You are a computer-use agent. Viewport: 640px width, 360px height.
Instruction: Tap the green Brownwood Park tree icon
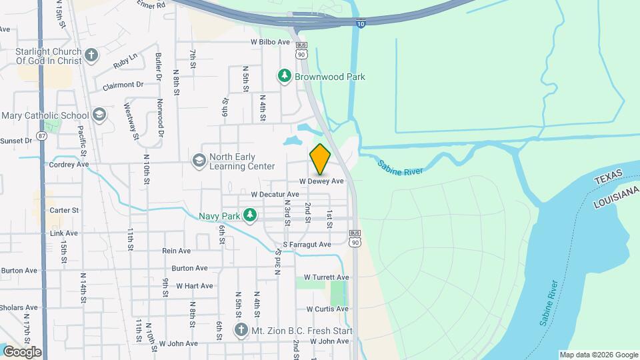[285, 76]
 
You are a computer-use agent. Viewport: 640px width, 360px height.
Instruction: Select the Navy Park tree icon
[250, 215]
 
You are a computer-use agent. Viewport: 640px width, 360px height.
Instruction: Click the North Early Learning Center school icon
[199, 161]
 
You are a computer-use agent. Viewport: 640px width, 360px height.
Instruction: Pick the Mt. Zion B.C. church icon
[241, 330]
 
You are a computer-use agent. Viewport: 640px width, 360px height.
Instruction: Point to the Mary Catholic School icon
[99, 115]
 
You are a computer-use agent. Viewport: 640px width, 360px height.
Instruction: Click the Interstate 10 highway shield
[360, 23]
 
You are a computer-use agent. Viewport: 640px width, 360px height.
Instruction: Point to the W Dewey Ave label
[321, 181]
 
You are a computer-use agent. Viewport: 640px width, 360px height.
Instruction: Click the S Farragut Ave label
[307, 245]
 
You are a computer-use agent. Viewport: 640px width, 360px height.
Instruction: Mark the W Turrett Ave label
[326, 277]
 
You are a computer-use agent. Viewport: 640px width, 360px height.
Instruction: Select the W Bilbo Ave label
[270, 41]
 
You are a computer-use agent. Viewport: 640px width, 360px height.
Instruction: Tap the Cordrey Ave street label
[69, 164]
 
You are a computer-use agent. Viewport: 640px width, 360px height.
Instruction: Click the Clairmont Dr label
[123, 85]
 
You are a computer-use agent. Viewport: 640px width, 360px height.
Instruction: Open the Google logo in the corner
[21, 351]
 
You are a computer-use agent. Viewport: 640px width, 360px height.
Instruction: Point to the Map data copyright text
[597, 355]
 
